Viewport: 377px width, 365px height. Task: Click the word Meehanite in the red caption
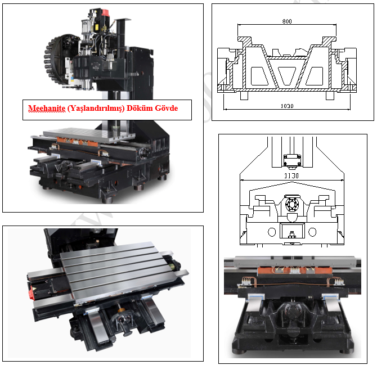[x=47, y=108]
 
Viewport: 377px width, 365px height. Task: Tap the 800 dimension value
[x=287, y=21]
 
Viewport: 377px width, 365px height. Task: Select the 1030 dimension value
[x=287, y=106]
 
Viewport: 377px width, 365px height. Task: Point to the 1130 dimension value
[x=291, y=176]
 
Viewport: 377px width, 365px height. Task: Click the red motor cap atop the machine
[x=105, y=12]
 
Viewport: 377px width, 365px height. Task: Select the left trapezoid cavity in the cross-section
[x=259, y=76]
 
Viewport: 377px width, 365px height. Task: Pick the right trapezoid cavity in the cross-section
[x=314, y=76]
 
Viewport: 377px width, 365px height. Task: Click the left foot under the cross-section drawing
[x=244, y=96]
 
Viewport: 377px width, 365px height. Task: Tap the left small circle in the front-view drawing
[x=272, y=232]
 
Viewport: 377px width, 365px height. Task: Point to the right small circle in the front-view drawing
[x=312, y=232]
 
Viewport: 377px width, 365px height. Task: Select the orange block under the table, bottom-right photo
[x=294, y=271]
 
